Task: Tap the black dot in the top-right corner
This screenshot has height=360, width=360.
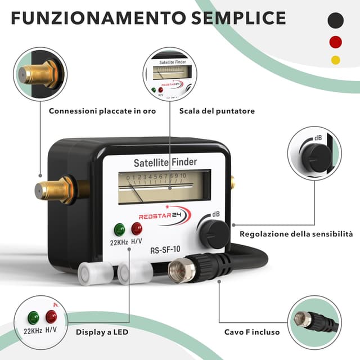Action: click(x=336, y=21)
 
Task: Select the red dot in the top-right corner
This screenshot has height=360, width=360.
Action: click(x=336, y=42)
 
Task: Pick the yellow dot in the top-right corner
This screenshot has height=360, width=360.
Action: click(x=336, y=60)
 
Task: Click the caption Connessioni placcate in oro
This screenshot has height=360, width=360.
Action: click(x=102, y=111)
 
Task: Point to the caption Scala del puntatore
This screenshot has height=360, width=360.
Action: click(x=217, y=111)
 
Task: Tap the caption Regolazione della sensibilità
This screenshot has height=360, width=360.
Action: click(x=296, y=234)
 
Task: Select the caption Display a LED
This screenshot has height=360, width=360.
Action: click(x=102, y=332)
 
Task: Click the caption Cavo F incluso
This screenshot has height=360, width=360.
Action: click(x=251, y=332)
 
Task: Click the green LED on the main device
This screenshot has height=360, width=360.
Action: click(x=119, y=229)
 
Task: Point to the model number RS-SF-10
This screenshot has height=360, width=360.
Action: click(x=165, y=251)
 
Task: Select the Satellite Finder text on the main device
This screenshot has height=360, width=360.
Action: click(x=165, y=164)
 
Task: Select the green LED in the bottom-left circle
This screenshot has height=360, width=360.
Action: click(x=33, y=317)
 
